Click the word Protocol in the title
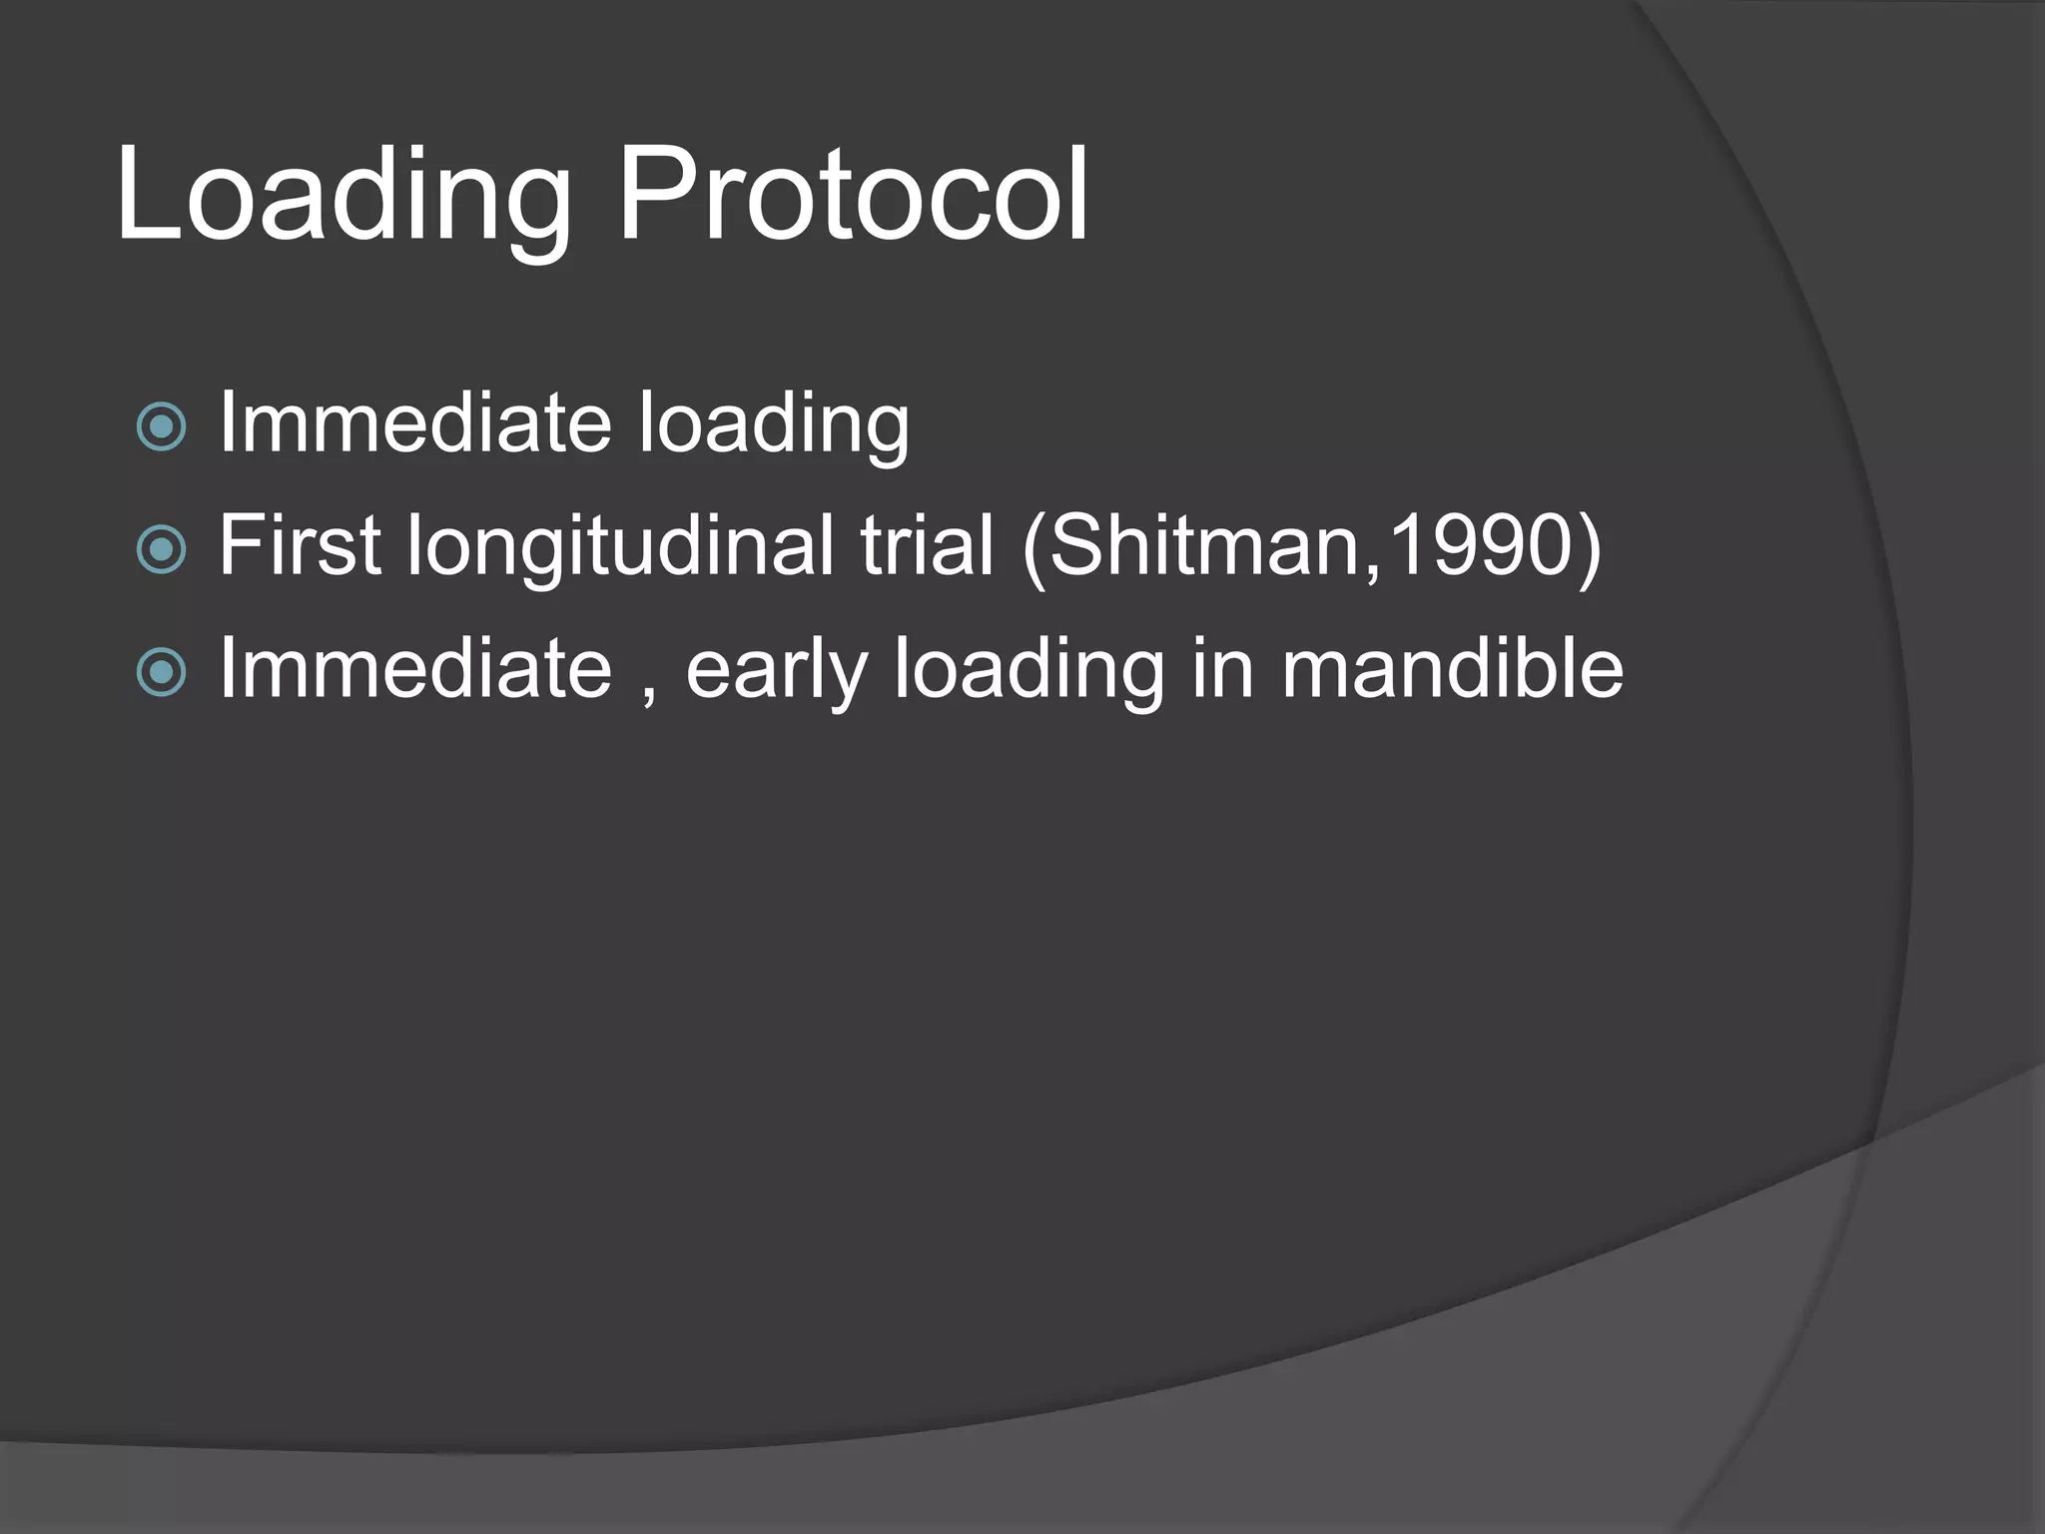pos(854,195)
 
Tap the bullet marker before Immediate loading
pos(161,427)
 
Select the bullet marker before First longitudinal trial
pos(161,549)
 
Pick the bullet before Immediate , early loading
pos(161,672)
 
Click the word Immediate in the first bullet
pos(414,423)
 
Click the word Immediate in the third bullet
pos(414,668)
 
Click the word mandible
pos(1453,668)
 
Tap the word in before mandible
pos(1222,668)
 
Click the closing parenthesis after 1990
pos(1587,547)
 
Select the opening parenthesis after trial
pos(1034,547)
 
